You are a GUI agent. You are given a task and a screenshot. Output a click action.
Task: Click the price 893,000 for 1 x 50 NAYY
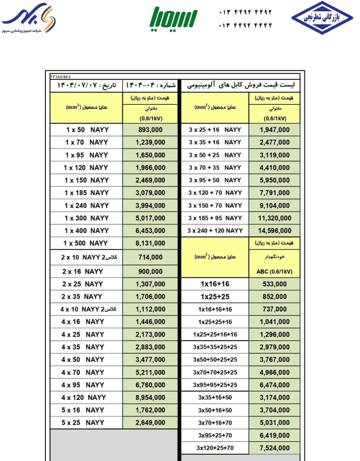(x=151, y=130)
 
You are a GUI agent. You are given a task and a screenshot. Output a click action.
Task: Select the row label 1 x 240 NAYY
(x=87, y=205)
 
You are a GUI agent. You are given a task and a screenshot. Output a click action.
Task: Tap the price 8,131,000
(x=151, y=243)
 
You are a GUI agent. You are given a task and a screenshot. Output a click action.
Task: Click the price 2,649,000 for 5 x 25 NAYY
(x=151, y=423)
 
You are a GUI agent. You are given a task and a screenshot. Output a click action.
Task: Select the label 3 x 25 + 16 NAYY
(x=215, y=130)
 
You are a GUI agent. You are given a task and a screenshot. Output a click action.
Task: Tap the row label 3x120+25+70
(x=215, y=448)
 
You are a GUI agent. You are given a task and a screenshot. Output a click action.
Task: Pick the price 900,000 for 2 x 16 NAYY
(x=151, y=271)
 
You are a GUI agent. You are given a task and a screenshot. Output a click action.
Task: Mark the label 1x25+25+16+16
(x=215, y=334)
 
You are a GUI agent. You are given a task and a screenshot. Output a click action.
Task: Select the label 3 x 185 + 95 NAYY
(x=215, y=218)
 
